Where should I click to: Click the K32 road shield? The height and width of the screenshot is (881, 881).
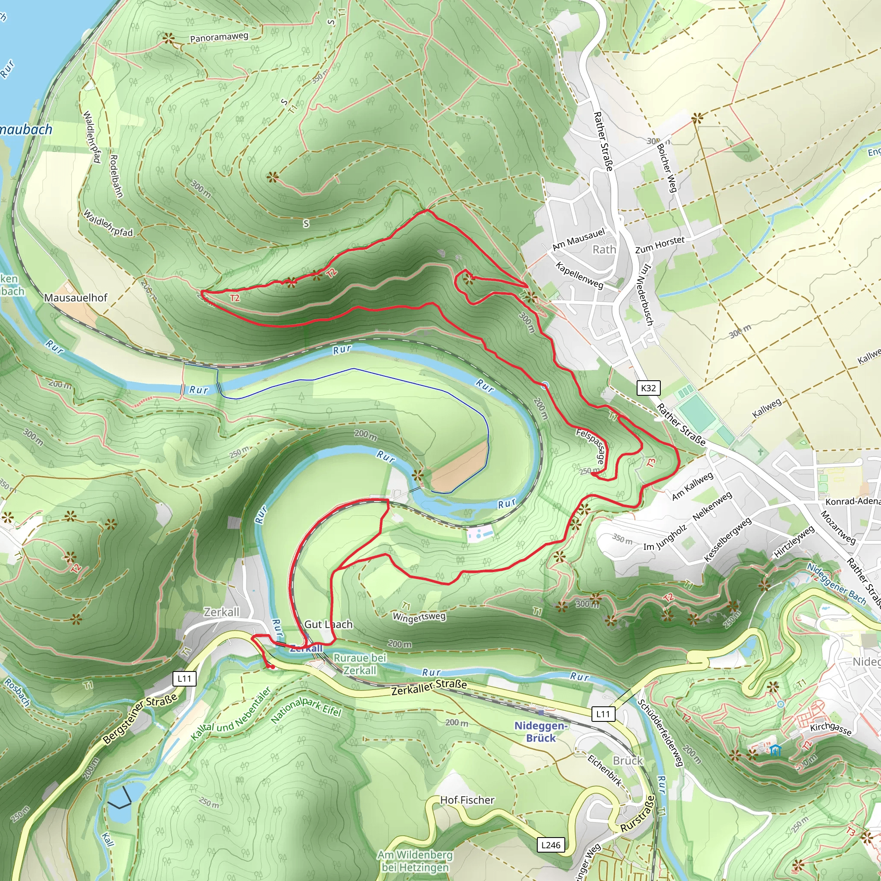(648, 388)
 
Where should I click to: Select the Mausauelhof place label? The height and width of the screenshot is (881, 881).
(76, 298)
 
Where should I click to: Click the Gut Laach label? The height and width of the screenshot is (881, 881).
(328, 624)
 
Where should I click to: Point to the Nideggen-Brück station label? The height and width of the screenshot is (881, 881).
(541, 732)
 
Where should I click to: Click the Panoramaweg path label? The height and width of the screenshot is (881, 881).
(219, 37)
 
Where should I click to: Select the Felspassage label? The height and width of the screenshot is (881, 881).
(591, 446)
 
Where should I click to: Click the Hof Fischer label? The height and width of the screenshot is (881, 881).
(467, 800)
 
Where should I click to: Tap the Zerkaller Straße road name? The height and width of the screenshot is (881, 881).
(429, 687)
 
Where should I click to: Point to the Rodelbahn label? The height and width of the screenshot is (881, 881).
(116, 176)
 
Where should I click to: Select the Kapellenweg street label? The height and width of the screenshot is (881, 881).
(579, 275)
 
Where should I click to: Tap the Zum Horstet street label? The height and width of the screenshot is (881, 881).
(660, 245)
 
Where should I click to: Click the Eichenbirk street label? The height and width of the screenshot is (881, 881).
(605, 770)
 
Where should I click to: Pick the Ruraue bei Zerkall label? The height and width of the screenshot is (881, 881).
(360, 664)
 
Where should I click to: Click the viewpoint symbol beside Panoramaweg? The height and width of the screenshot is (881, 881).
(169, 39)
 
